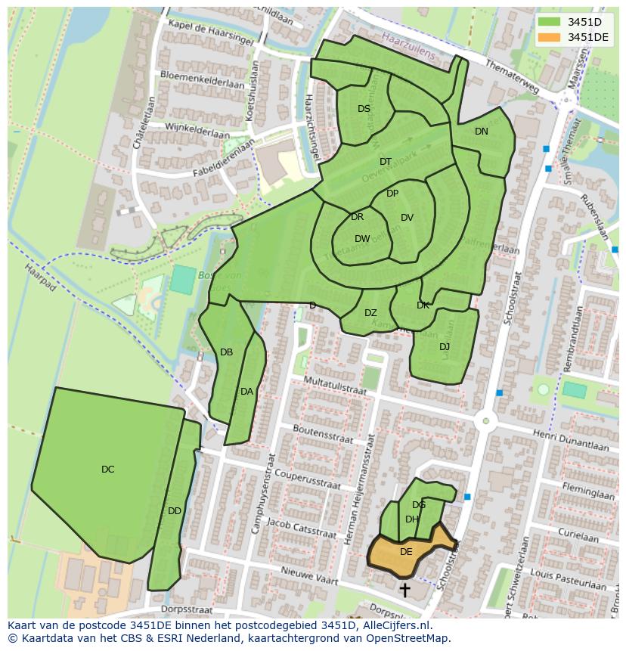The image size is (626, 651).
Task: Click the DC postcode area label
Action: [x=107, y=470]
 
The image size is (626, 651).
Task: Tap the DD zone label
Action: [x=175, y=511]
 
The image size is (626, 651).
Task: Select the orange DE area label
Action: [x=406, y=552]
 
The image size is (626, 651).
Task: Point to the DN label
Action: [x=482, y=132]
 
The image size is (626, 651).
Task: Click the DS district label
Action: [x=364, y=109]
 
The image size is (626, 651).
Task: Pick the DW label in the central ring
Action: [x=362, y=239]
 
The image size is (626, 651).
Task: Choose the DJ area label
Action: [x=445, y=347]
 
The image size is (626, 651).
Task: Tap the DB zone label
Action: [x=226, y=352]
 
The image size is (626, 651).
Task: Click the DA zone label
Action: [x=246, y=392]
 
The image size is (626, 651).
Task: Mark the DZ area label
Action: [x=370, y=313]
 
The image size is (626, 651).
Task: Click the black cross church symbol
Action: [x=404, y=589]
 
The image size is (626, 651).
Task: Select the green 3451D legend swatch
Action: [x=550, y=22]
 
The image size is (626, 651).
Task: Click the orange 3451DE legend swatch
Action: [x=550, y=37]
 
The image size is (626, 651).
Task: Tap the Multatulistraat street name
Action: [x=335, y=386]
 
